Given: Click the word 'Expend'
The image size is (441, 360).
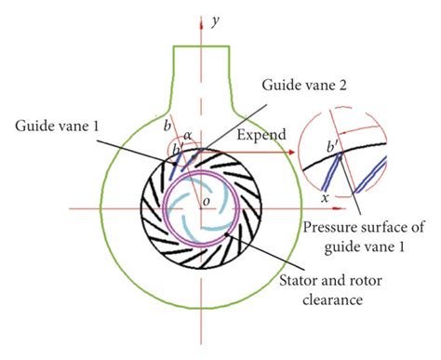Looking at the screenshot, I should [260, 135].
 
